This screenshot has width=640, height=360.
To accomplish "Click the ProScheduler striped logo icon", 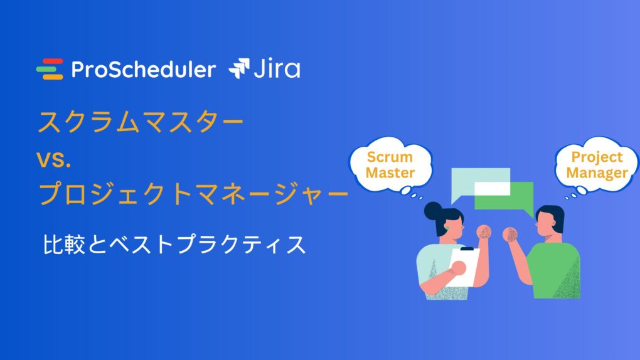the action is pos(50,69).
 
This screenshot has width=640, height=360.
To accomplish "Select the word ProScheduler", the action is pos(144,70).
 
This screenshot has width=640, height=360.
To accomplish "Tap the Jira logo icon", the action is pos(239,68).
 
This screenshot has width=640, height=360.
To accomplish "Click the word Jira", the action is pos(277,68).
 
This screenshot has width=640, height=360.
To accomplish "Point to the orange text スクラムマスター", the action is pos(141,122).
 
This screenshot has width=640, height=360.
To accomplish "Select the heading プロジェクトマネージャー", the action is pos(193,193).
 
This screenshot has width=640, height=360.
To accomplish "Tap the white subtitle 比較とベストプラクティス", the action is pos(174,245).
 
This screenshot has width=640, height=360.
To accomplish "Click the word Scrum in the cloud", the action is pos(390,157).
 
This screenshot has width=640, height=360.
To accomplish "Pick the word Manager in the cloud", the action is pos(597,173).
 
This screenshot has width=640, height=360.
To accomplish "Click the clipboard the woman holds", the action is pos(464,266).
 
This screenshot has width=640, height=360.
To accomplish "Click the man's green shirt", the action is pos(555,270).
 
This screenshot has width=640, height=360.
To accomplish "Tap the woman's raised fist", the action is pos(484,232).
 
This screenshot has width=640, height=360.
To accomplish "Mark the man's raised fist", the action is pos(509,235).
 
